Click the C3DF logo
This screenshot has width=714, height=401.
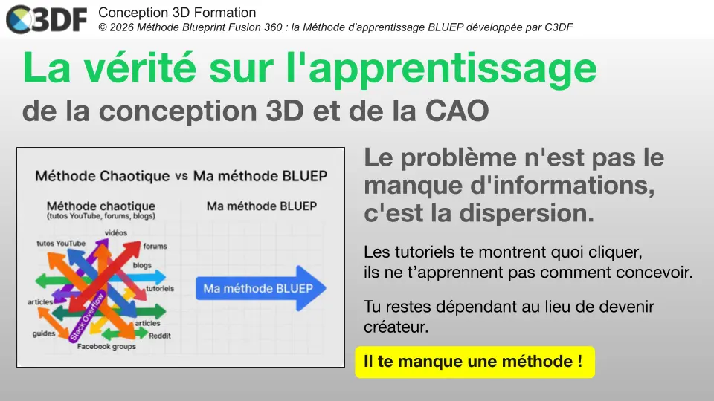click(46, 20)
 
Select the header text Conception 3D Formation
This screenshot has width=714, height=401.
click(177, 13)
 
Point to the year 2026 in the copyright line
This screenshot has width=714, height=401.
click(122, 27)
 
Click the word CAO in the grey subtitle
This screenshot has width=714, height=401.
click(457, 111)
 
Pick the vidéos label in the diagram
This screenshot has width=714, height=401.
click(115, 232)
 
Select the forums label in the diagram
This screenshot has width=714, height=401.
click(155, 246)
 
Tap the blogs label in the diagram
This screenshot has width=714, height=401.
click(142, 265)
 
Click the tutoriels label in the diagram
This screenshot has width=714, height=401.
click(160, 288)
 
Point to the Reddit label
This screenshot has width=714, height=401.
click(159, 336)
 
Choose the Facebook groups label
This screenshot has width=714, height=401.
click(106, 346)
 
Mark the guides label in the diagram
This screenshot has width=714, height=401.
click(44, 333)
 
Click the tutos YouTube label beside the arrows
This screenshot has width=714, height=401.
click(61, 244)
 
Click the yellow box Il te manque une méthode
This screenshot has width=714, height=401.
click(475, 362)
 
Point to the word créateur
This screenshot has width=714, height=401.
click(396, 326)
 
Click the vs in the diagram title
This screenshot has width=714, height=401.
click(181, 176)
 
